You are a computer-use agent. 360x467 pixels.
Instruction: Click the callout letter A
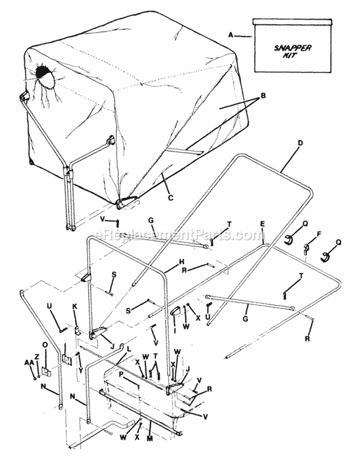(231, 35)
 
